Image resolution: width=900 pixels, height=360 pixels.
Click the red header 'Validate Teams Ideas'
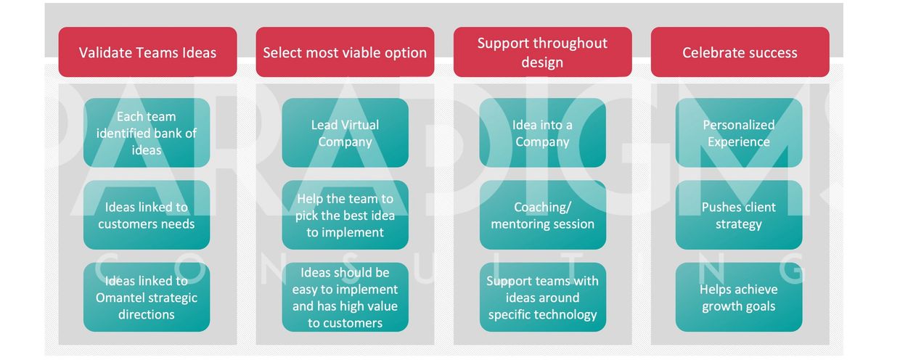(147, 52)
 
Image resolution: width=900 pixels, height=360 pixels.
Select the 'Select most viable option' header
(345, 52)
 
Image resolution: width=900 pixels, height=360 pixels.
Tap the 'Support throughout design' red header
(542, 52)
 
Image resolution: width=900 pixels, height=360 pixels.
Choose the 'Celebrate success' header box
(740, 52)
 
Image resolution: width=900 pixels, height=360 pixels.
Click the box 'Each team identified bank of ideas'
(147, 133)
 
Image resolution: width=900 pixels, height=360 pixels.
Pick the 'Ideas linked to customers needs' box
(147, 215)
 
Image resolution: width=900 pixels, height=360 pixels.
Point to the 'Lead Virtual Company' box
(345, 133)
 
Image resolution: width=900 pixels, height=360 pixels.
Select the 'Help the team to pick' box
(345, 215)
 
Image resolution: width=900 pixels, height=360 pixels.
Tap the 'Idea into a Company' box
(542, 133)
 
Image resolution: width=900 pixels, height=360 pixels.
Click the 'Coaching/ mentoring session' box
(542, 215)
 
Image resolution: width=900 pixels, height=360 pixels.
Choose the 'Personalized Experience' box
(739, 133)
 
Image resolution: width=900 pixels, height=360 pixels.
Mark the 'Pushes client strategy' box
(739, 215)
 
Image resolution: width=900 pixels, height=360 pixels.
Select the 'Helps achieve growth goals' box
(739, 298)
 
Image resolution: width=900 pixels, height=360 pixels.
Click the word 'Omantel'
(118, 298)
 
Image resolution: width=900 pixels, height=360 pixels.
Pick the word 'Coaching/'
(542, 208)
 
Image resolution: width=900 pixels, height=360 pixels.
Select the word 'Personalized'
(739, 125)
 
